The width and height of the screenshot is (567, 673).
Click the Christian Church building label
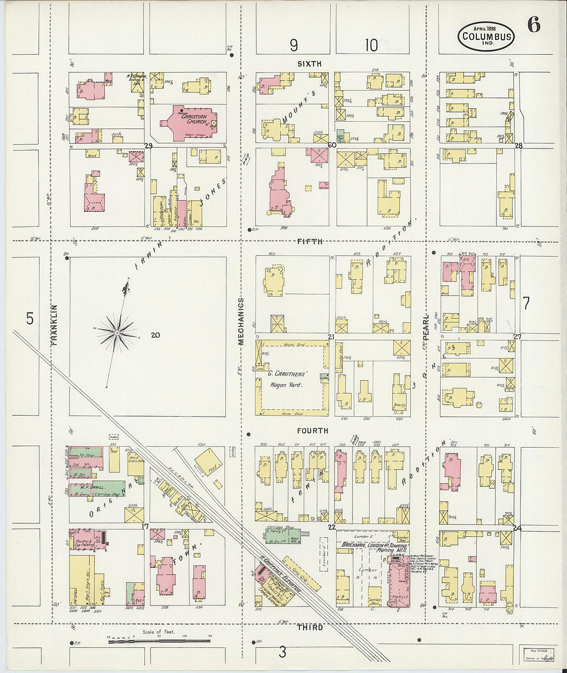(193, 120)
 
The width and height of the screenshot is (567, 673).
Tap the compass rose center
(117, 333)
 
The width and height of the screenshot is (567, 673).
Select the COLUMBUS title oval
(486, 37)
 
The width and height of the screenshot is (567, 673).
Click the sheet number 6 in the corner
(533, 25)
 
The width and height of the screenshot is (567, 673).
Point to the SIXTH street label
(309, 63)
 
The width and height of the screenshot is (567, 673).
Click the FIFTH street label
(310, 241)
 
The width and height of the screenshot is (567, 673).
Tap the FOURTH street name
(312, 431)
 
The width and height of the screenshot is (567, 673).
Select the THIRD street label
(310, 627)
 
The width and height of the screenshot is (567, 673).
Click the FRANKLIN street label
(54, 324)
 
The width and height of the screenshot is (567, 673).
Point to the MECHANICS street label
(241, 321)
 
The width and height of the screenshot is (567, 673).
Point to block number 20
(155, 335)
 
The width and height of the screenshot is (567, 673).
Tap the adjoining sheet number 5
(29, 319)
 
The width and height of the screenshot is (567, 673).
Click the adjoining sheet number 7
(526, 304)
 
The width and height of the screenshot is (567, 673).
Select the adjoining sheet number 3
(282, 652)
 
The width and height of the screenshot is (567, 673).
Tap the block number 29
(148, 145)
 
